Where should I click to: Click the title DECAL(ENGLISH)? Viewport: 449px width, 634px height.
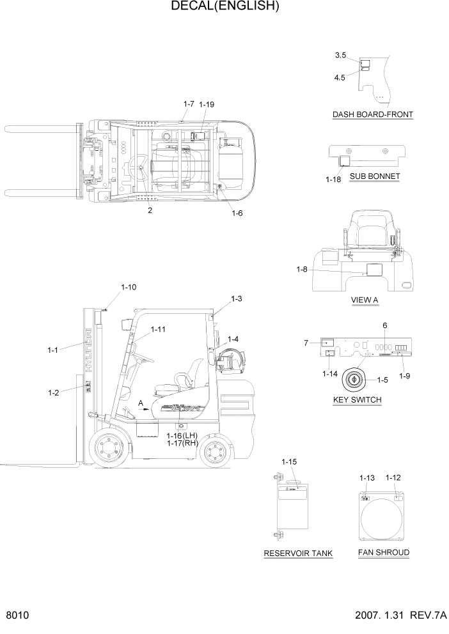pos(224,7)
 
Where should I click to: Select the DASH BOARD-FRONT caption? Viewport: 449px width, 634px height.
pos(372,115)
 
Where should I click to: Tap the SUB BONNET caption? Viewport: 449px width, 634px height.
pos(375,176)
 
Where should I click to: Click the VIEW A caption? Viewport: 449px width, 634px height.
pos(365,300)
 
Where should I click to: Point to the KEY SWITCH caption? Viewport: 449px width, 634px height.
pos(358,400)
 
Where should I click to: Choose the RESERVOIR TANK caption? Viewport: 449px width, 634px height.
pos(298,553)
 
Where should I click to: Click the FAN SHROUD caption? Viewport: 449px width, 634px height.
pos(384,552)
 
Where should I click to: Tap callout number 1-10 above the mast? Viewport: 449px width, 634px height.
pos(128,288)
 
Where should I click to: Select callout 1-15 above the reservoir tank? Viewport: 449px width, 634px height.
pos(290,461)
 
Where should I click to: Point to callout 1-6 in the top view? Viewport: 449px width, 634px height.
pos(237,213)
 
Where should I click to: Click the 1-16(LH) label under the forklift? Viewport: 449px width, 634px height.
pos(182,435)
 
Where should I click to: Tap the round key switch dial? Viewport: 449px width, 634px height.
pos(353,378)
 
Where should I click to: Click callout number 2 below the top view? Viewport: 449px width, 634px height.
pos(150,211)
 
